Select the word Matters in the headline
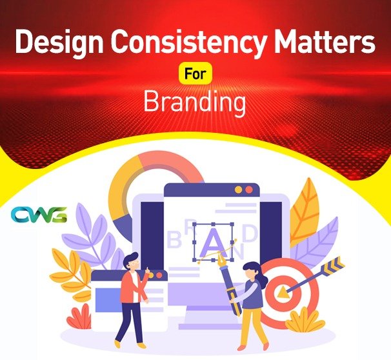pyautogui.click(x=323, y=44)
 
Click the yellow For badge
pyautogui.click(x=195, y=75)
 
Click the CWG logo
pyautogui.click(x=39, y=215)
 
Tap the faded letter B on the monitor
pyautogui.click(x=173, y=241)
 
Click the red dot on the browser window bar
pyautogui.click(x=248, y=190)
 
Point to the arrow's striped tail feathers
pyautogui.click(x=336, y=265)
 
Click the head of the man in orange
pyautogui.click(x=130, y=261)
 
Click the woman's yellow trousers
pyautogui.click(x=252, y=326)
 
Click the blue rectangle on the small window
pyautogui.click(x=106, y=297)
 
